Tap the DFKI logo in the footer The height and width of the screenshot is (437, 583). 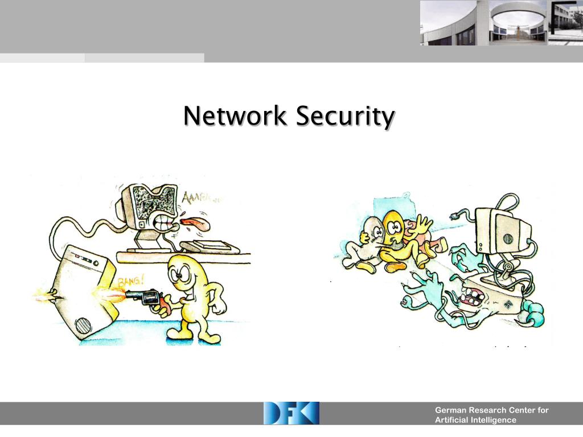(291, 413)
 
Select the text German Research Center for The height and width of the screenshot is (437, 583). (491, 410)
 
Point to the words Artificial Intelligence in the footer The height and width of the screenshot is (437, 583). (475, 420)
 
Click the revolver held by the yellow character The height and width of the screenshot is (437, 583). (145, 298)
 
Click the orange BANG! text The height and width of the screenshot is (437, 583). (130, 282)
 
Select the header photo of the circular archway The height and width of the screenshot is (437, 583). (518, 23)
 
